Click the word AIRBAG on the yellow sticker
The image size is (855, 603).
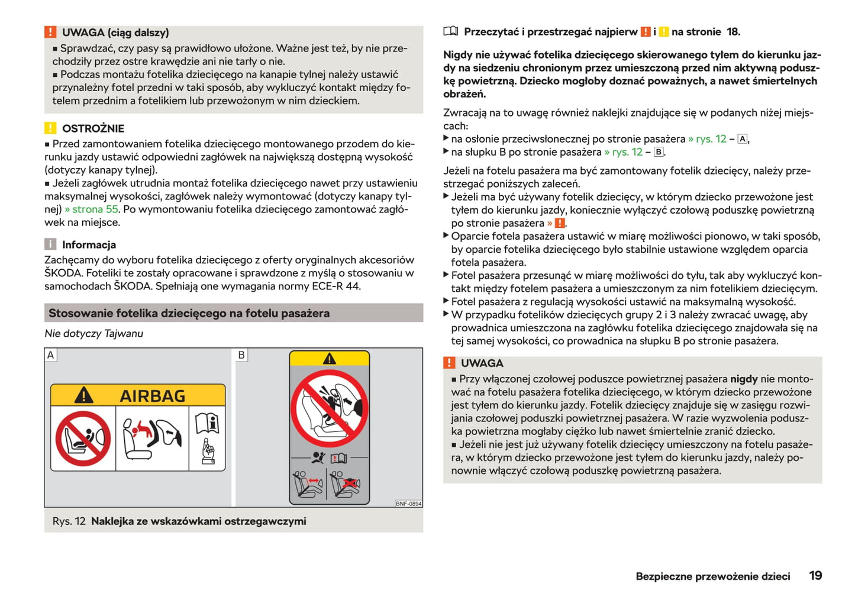point(153,396)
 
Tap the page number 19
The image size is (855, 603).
point(815,575)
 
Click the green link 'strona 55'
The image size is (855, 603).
point(92,209)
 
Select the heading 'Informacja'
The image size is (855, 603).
point(89,244)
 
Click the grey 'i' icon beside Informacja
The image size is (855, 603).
point(50,244)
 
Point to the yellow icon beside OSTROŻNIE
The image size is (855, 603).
point(50,128)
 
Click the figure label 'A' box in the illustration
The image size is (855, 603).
point(51,355)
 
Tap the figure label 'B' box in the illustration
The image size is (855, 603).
point(241,355)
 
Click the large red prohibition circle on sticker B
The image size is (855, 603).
point(330,409)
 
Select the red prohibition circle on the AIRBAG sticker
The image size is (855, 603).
point(83,438)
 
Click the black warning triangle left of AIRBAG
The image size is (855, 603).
point(83,395)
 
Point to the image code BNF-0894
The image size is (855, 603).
point(408,504)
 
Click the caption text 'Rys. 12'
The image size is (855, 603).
point(69,521)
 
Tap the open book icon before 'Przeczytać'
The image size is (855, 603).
point(451,31)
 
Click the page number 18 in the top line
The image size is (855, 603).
point(733,32)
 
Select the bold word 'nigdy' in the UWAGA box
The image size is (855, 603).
point(744,379)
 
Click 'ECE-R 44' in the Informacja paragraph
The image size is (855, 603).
point(339,286)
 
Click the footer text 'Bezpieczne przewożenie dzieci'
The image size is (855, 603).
point(712,576)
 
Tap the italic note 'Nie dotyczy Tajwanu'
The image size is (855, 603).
point(93,333)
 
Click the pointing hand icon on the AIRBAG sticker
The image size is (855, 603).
point(208,451)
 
